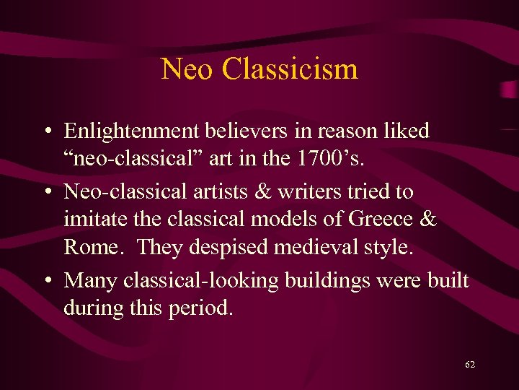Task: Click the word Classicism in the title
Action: (x=290, y=69)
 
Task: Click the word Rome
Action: (x=89, y=246)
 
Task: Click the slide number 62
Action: (x=470, y=365)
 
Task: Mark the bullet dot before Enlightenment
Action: (x=45, y=132)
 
